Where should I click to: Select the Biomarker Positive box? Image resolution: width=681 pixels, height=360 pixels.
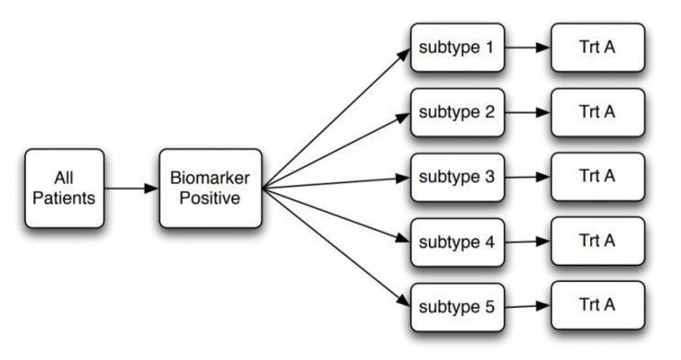click(210, 189)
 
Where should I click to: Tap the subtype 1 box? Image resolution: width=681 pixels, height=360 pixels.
click(456, 47)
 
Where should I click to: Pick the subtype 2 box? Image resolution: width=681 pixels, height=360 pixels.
click(456, 113)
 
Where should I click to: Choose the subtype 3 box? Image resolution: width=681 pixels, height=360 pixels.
click(456, 177)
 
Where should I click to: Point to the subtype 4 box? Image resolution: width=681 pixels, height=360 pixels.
click(456, 243)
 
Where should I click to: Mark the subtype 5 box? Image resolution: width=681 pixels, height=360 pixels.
click(456, 306)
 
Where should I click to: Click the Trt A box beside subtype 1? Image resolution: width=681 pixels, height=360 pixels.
click(597, 47)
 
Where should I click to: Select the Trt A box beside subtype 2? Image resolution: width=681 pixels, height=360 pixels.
click(597, 113)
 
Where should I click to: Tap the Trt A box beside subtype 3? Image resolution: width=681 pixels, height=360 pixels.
click(597, 177)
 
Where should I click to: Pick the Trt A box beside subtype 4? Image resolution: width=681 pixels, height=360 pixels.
click(597, 243)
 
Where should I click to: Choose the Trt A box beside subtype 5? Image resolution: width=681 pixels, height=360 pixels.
click(597, 306)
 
